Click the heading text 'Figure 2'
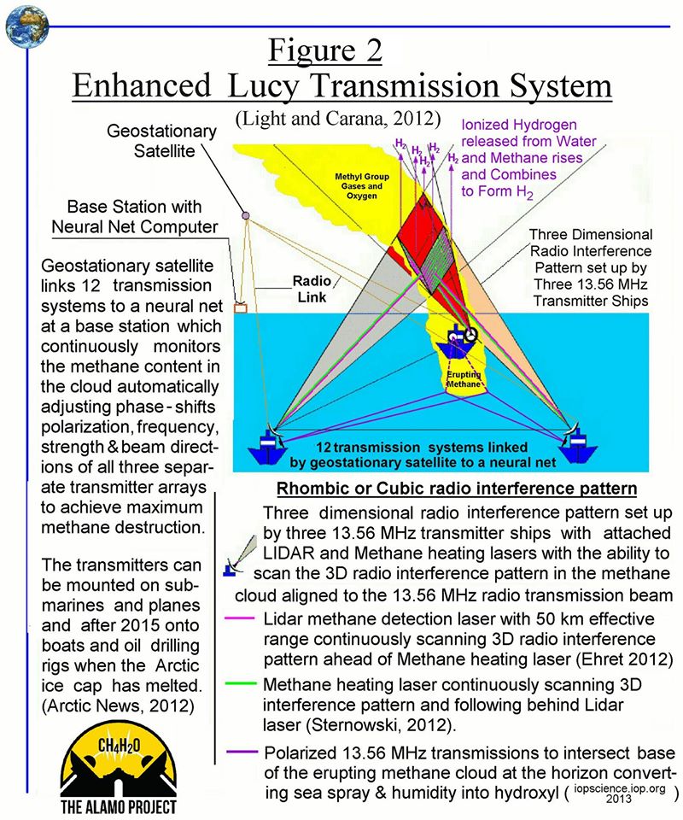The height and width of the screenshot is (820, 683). point(324,50)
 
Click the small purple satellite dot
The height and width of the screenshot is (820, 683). point(245,214)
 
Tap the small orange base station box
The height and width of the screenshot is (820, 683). point(240,306)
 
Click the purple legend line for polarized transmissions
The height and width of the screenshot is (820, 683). point(242,753)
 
